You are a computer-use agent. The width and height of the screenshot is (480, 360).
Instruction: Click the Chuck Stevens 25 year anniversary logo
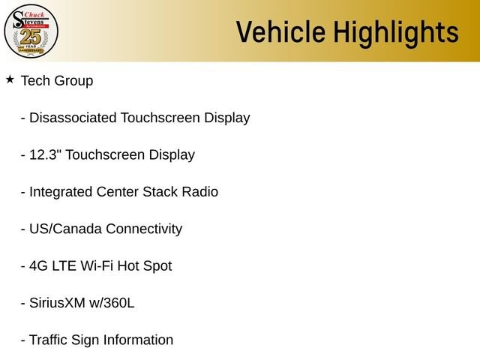31,31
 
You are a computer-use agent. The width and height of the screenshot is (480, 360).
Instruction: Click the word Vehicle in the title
280,31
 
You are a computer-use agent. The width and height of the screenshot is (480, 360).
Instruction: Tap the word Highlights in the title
396,34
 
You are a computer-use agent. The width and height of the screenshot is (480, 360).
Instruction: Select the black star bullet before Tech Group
10,79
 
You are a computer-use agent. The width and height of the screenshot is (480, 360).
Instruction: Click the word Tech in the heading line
35,81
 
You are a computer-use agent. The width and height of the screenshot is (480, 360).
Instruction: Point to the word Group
73,82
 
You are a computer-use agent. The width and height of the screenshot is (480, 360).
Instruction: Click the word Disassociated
73,118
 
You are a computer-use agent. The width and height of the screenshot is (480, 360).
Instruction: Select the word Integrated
61,193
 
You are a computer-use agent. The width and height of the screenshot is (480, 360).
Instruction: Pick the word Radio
200,192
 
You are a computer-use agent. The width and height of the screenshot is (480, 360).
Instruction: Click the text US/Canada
65,229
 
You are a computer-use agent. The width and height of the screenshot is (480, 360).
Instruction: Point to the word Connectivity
144,229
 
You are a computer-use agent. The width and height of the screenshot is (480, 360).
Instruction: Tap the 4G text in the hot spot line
38,266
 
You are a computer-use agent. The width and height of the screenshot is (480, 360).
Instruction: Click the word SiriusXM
57,303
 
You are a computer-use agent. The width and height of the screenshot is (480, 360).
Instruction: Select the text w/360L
112,303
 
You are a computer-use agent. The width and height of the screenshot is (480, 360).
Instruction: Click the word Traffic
48,340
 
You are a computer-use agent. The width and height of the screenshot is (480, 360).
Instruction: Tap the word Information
138,340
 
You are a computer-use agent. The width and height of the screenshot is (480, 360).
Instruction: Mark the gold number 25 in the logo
30,37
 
